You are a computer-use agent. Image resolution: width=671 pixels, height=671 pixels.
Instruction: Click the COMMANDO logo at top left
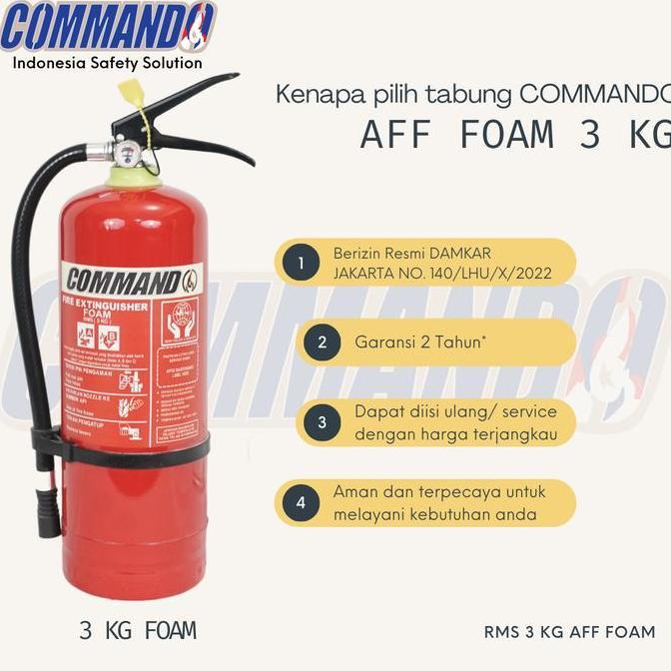pyautogui.click(x=107, y=28)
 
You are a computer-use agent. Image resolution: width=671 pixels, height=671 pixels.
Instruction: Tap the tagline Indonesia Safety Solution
pyautogui.click(x=107, y=63)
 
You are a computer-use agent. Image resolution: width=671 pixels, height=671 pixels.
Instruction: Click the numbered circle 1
pyautogui.click(x=300, y=264)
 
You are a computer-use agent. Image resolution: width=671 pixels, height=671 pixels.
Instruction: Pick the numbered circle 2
pyautogui.click(x=322, y=341)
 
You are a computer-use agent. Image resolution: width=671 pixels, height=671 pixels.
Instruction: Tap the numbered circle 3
pyautogui.click(x=322, y=422)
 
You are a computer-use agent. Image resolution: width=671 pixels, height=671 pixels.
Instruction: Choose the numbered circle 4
pyautogui.click(x=300, y=502)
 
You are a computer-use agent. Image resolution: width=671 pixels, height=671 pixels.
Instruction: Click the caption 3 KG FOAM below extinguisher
pyautogui.click(x=138, y=630)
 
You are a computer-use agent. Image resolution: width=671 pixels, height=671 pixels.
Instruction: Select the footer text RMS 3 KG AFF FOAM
pyautogui.click(x=569, y=631)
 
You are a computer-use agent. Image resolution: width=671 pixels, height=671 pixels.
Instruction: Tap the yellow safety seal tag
pyautogui.click(x=134, y=95)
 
